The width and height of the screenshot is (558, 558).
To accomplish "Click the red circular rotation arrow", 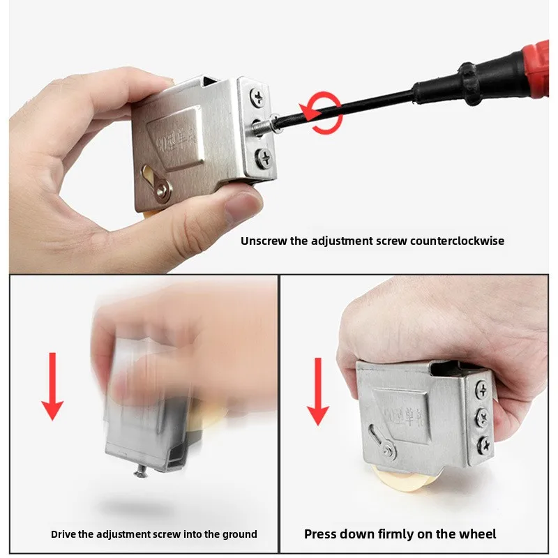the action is click(x=322, y=114).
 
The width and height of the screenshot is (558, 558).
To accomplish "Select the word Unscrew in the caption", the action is click(x=263, y=241).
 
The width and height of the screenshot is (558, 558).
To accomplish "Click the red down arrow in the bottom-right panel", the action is click(x=318, y=391).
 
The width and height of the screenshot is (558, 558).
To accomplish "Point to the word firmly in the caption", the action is click(x=396, y=534).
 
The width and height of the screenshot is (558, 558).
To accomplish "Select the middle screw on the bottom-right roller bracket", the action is click(x=480, y=417).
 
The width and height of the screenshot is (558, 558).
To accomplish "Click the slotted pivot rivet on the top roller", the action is click(x=162, y=187).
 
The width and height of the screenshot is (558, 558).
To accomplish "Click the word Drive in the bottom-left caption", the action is click(x=65, y=534).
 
